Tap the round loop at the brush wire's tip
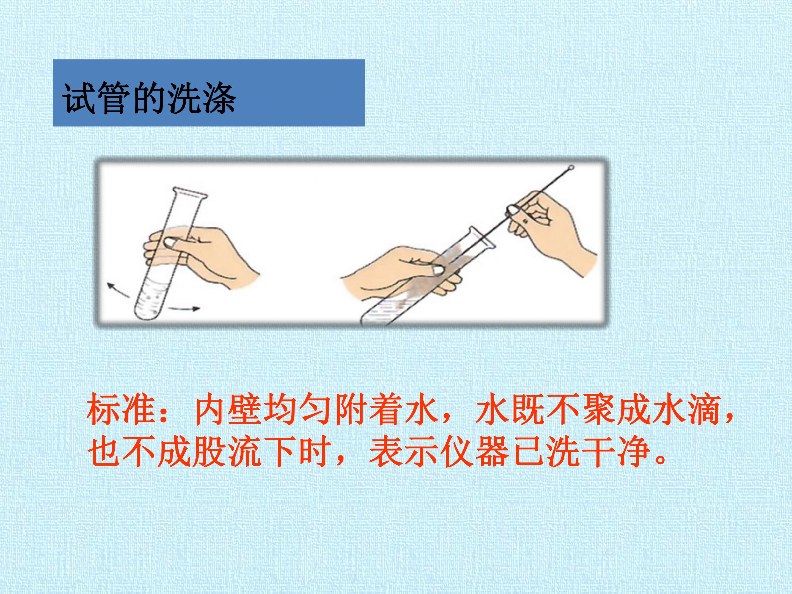[571, 167]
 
